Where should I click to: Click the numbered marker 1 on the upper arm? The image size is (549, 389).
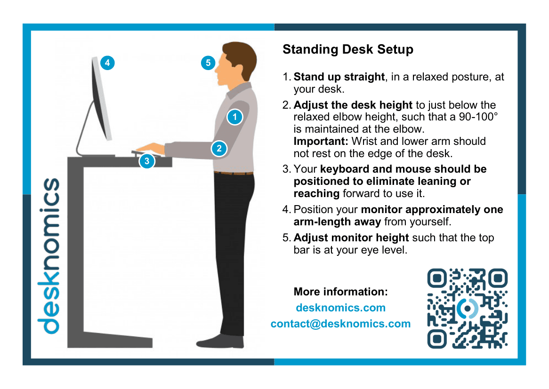coord(234,117)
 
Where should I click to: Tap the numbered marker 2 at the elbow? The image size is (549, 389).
coord(219,148)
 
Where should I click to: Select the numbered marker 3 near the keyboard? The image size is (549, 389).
coord(147,161)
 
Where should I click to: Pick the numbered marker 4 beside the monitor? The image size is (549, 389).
coord(107,63)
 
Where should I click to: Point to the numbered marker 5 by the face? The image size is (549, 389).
coord(208,63)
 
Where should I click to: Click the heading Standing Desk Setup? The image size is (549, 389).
coord(347,49)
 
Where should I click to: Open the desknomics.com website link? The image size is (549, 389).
coord(341,308)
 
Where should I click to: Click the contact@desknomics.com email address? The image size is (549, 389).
coord(341,324)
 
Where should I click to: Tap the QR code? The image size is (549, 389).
coord(468,309)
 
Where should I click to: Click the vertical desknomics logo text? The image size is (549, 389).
coord(49,256)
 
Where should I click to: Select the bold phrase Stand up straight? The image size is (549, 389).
coord(339,77)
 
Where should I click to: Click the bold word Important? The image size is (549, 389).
coord(321,141)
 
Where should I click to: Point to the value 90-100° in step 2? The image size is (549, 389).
coord(478,117)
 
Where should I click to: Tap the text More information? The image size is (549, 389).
coord(341,292)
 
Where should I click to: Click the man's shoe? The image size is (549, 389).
coord(220,341)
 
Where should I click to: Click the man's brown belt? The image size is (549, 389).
coord(234,173)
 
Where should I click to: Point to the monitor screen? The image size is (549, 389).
coord(100,100)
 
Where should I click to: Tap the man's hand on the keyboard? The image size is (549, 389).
coord(152,148)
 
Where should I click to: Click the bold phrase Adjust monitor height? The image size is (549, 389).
coord(351,238)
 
